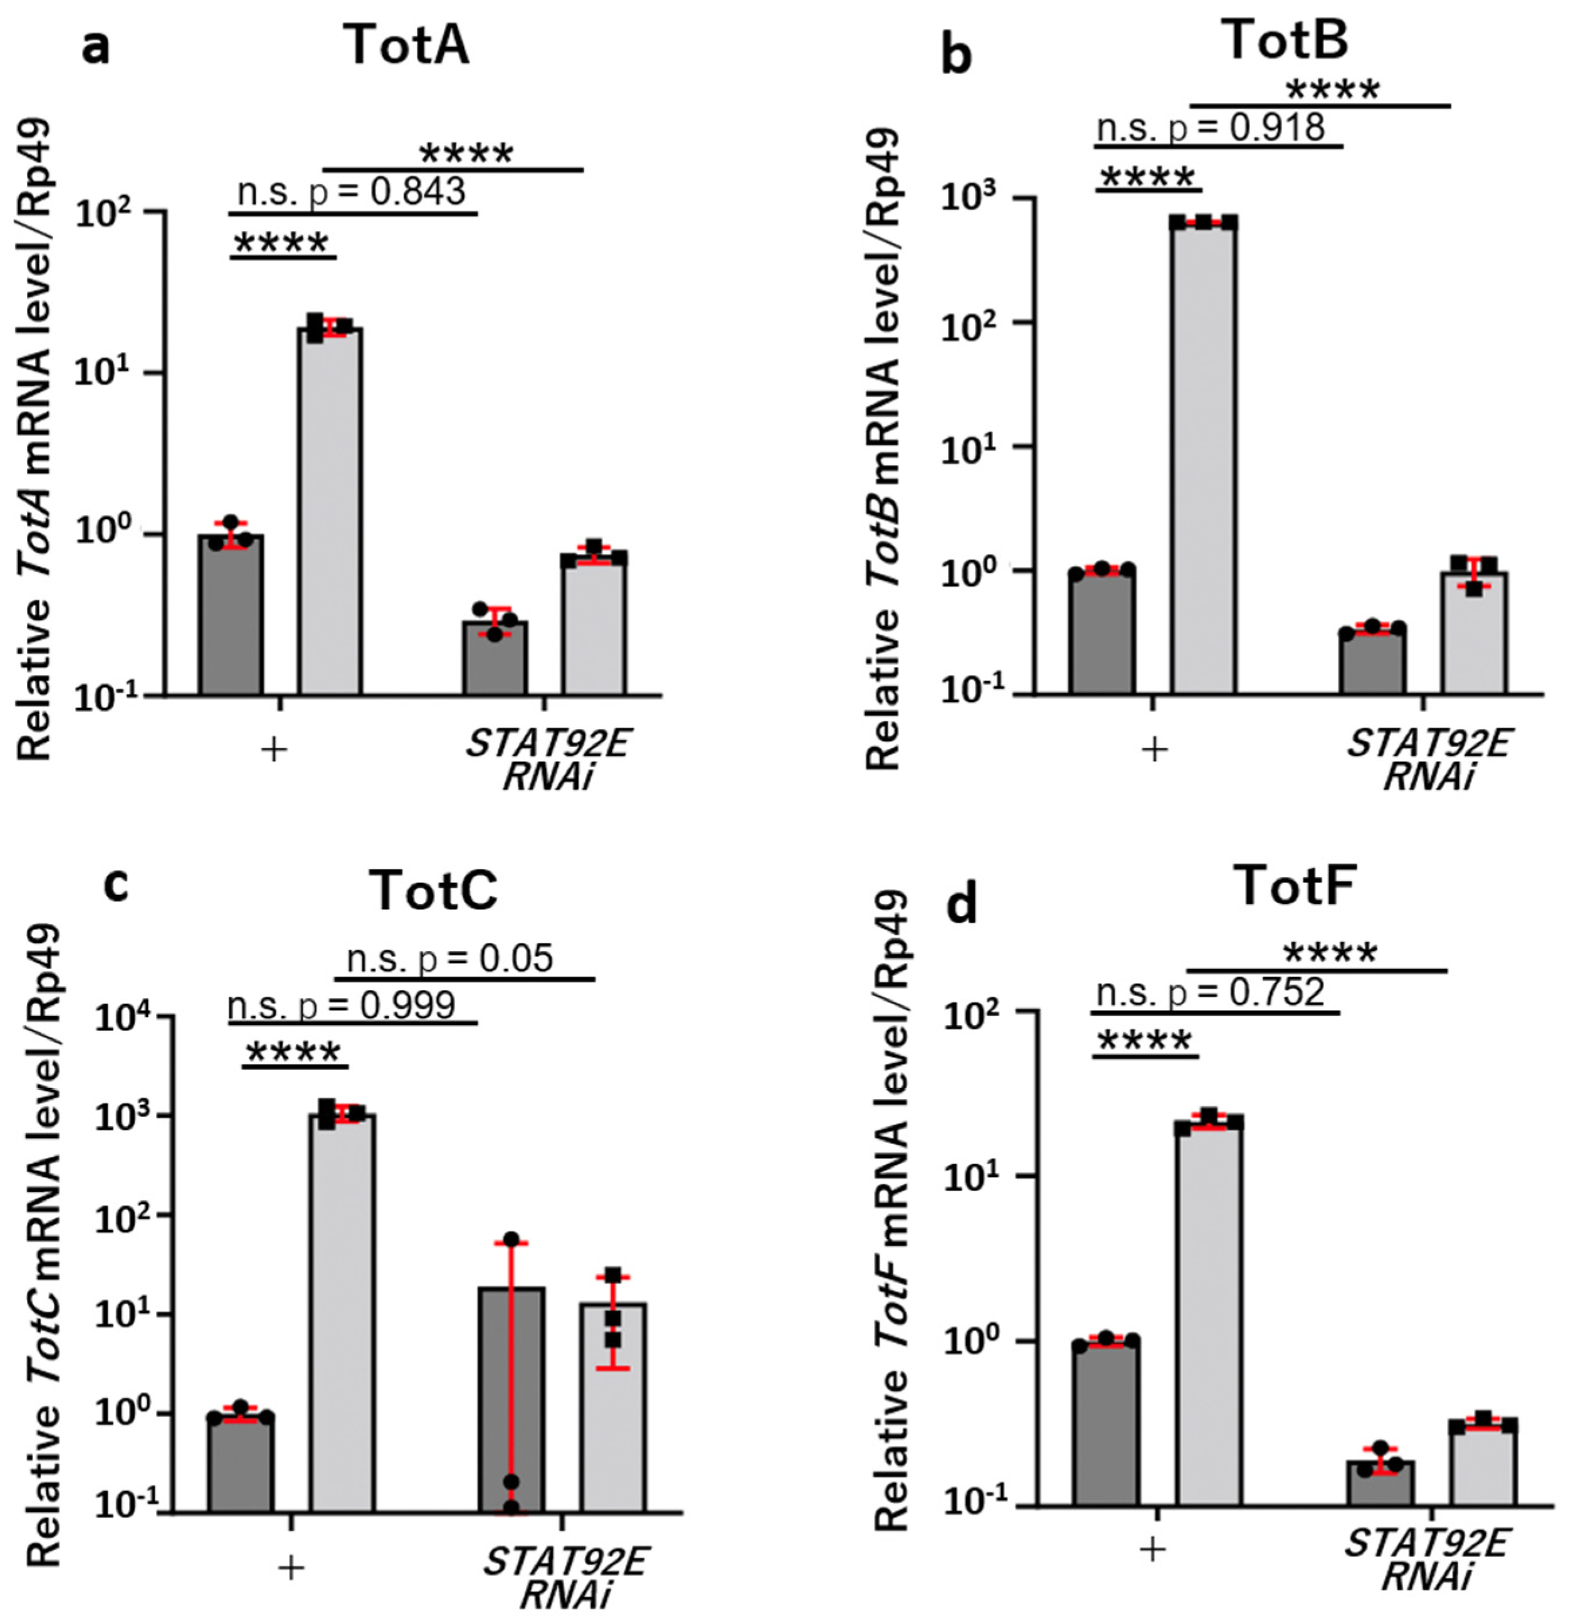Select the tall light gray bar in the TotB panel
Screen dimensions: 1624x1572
pos(1203,456)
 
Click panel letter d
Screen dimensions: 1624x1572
pos(962,905)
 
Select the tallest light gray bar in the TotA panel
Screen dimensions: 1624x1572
pos(329,509)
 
